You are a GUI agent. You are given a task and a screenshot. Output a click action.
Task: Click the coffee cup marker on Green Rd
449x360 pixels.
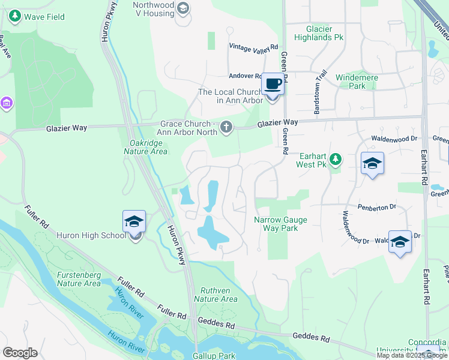click(273, 85)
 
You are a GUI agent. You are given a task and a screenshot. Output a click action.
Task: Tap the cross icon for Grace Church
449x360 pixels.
click(226, 127)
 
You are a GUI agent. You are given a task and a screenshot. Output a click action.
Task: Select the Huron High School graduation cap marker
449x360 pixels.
click(134, 221)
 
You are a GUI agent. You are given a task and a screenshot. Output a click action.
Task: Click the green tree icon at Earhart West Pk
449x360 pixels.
click(336, 159)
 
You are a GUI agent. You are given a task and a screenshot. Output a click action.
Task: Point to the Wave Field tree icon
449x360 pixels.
click(15, 17)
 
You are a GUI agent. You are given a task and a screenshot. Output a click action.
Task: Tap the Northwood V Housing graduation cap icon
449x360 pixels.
click(183, 8)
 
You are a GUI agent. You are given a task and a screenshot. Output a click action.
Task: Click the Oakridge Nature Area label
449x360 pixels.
click(148, 147)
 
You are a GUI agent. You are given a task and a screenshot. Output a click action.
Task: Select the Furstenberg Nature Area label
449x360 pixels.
click(79, 279)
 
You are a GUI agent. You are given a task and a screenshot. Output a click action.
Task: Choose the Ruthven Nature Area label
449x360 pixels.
click(215, 294)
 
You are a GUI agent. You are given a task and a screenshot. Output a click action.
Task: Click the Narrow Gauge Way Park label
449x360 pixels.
click(280, 224)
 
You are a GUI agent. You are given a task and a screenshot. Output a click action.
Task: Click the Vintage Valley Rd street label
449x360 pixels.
click(254, 47)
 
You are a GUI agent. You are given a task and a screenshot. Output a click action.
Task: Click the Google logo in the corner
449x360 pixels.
click(20, 353)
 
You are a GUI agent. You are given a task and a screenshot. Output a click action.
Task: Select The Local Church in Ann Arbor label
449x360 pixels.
click(231, 96)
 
